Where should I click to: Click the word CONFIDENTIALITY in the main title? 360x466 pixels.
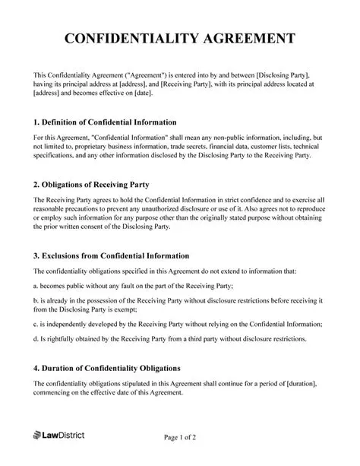[129, 39]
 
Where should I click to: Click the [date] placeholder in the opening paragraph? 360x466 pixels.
[142, 94]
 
